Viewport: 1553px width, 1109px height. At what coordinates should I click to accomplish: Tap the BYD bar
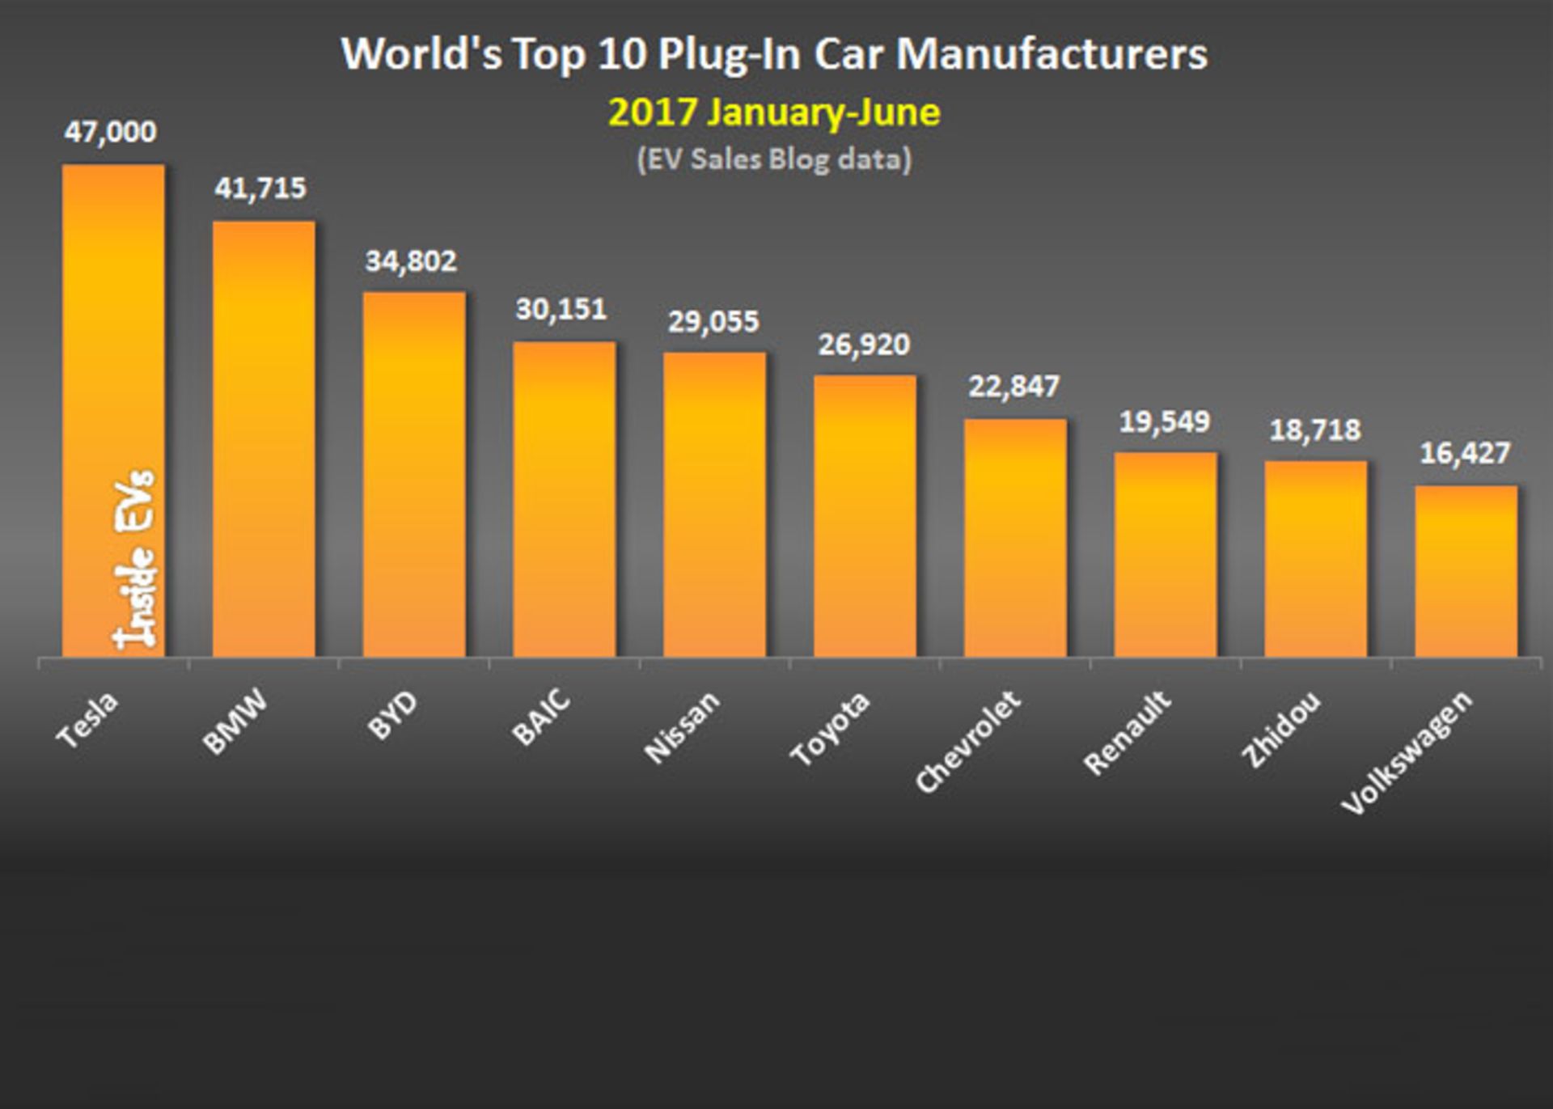point(414,474)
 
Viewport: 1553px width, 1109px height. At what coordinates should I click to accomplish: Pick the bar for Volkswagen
point(1466,571)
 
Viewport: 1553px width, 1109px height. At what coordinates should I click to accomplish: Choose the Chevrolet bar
point(1015,538)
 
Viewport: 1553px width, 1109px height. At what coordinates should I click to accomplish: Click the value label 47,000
point(111,132)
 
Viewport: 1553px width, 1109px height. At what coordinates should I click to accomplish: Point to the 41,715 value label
point(260,188)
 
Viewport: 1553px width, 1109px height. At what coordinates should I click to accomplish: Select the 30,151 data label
point(561,309)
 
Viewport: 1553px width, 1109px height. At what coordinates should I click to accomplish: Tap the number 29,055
point(713,322)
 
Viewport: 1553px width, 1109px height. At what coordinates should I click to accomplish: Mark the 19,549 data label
point(1165,421)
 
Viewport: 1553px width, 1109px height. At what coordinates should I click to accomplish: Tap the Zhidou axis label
point(1281,729)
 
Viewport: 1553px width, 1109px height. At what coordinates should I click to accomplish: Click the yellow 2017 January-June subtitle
point(774,112)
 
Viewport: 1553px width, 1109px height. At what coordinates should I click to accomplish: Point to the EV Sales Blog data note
point(774,159)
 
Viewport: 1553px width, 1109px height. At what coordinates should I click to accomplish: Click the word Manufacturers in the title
point(1052,55)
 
